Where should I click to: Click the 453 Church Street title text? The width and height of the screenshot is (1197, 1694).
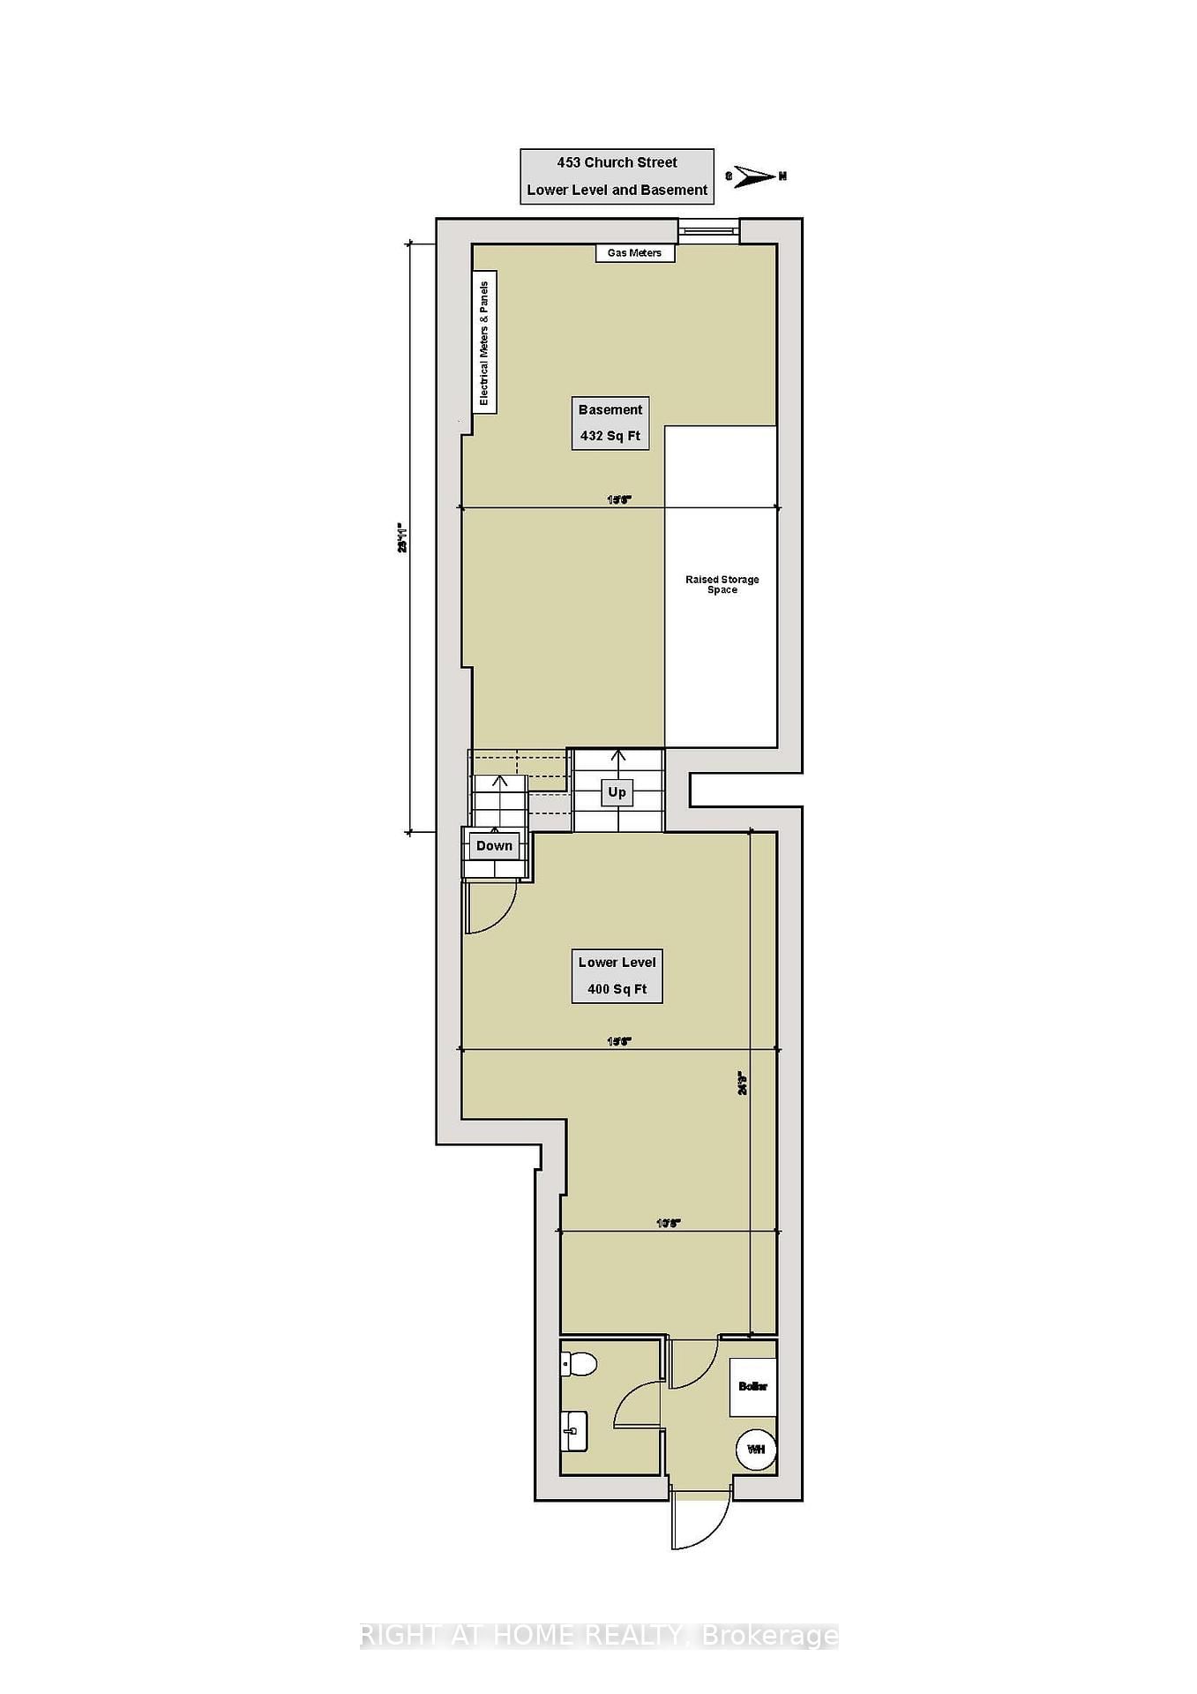pos(617,162)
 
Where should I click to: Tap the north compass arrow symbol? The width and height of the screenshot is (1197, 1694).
pos(755,176)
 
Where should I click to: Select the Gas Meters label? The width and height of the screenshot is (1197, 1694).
pos(634,253)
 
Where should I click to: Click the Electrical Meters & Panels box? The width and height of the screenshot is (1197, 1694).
pos(484,342)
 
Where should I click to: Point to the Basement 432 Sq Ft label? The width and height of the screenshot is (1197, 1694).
pos(610,423)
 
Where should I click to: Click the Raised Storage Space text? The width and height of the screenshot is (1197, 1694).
pos(722,584)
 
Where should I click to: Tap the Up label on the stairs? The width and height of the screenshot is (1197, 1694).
pos(617,792)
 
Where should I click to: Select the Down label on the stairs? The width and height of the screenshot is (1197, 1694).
pos(494,846)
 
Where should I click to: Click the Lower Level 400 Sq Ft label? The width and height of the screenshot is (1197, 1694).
pos(617,976)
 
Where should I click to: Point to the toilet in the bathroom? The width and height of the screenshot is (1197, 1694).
pos(579,1364)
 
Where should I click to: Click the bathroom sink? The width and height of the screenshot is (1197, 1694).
pos(573,1430)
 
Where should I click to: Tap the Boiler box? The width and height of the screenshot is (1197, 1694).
pos(752,1387)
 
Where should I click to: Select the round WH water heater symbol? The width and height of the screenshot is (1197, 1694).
pos(756,1450)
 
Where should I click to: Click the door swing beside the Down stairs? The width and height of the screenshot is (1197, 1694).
pos(490,909)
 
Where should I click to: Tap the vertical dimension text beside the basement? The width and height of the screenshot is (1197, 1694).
pos(401,538)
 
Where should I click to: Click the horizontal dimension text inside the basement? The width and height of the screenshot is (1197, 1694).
pos(619,500)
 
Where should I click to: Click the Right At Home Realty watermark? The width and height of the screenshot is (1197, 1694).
pos(599,1637)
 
